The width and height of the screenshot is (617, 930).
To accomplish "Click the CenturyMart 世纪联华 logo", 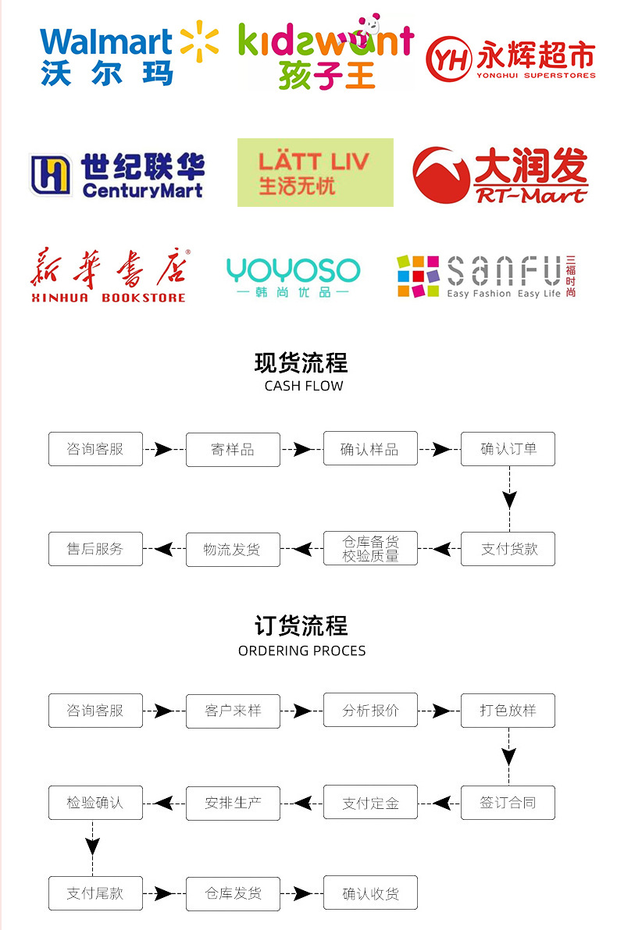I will click(117, 174).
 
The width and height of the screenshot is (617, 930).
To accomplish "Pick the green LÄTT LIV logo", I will click(315, 173).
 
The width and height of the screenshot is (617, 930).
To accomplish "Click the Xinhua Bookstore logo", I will click(109, 276).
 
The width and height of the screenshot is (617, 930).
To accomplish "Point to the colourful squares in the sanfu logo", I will click(419, 276).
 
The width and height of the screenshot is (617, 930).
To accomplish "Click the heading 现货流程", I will click(301, 363).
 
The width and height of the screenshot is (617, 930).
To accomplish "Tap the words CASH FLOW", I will click(304, 386).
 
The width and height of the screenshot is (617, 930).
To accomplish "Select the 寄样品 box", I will click(233, 450).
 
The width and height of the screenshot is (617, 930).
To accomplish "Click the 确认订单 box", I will click(508, 449).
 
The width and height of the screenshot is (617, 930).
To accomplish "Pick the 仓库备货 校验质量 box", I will click(370, 549).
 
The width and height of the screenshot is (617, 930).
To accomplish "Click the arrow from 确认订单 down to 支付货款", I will click(509, 499).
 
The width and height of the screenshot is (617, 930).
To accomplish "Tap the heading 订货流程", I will click(301, 626).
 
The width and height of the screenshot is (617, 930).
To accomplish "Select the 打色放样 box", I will click(508, 711).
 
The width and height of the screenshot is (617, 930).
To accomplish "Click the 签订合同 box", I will click(508, 803).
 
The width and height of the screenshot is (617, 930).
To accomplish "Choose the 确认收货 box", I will click(370, 893).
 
